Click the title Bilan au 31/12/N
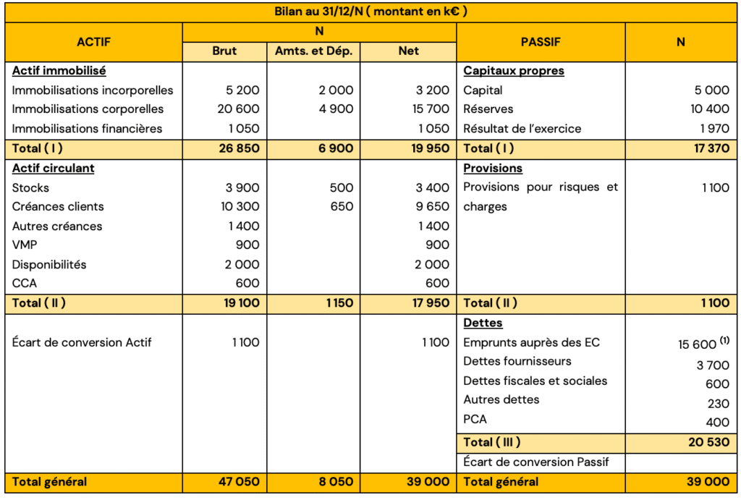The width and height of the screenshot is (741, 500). (370, 12)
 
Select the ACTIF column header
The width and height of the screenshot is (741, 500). (94, 42)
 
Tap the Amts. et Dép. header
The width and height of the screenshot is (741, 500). (314, 51)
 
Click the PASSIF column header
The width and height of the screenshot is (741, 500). (541, 42)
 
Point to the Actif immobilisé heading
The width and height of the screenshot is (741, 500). (59, 71)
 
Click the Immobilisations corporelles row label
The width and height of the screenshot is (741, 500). (88, 109)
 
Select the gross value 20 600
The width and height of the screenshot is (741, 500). (238, 109)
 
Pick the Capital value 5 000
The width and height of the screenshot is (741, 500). (712, 90)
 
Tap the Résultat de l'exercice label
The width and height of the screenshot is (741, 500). (522, 129)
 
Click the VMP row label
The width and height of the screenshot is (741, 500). (25, 245)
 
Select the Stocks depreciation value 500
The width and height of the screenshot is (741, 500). (341, 188)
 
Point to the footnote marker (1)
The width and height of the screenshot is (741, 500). (725, 340)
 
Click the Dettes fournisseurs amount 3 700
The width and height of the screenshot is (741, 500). (713, 365)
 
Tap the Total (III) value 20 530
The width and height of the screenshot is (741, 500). (708, 442)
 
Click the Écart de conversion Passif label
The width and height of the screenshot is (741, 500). (536, 462)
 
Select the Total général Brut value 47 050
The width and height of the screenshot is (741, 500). (238, 482)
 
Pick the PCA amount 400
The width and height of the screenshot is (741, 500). (717, 423)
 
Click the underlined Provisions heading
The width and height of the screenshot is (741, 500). (493, 168)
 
